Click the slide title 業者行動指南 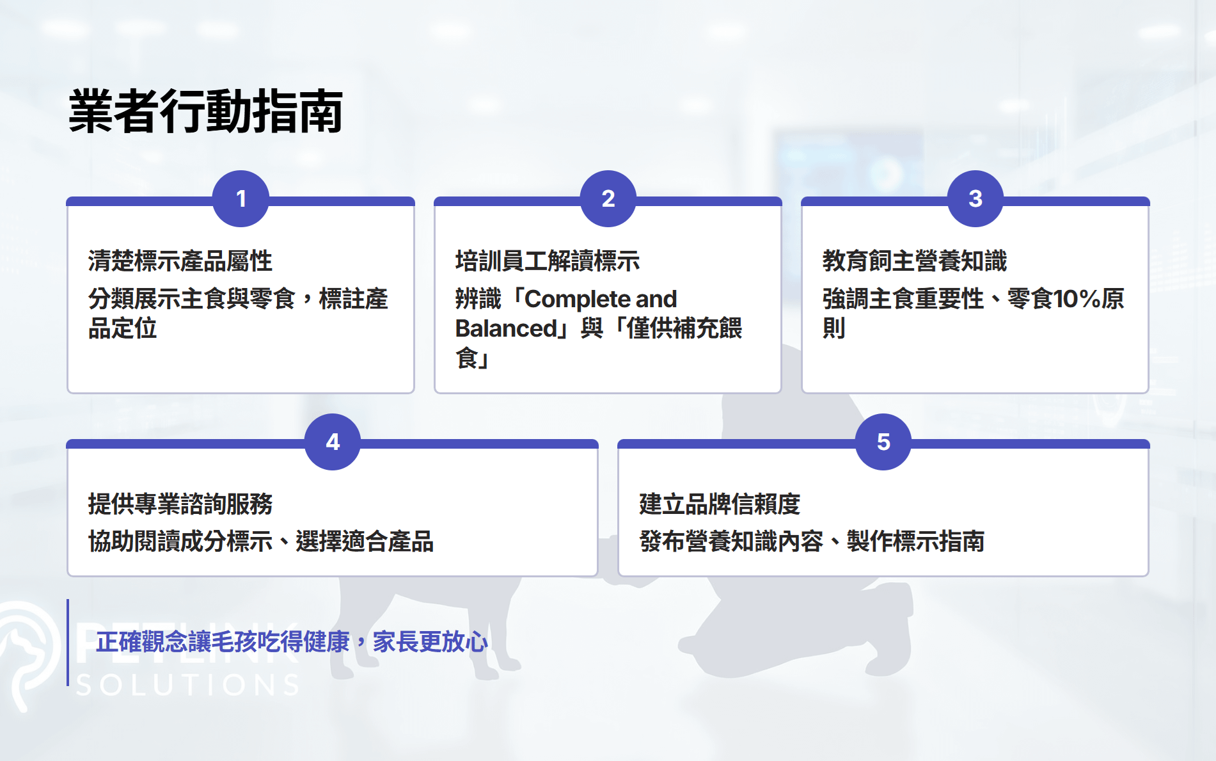pyautogui.click(x=205, y=111)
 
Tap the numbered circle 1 pyautogui.click(x=241, y=198)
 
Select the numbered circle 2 pyautogui.click(x=608, y=198)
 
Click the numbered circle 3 pyautogui.click(x=975, y=198)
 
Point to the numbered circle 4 pyautogui.click(x=333, y=442)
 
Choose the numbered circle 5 pyautogui.click(x=883, y=442)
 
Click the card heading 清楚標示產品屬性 pyautogui.click(x=180, y=261)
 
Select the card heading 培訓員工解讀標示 pyautogui.click(x=548, y=261)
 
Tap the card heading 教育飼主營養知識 pyautogui.click(x=915, y=261)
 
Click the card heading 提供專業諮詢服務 pyautogui.click(x=180, y=504)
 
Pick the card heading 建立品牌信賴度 pyautogui.click(x=720, y=504)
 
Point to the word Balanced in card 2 pyautogui.click(x=506, y=328)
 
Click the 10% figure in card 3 pyautogui.click(x=1077, y=299)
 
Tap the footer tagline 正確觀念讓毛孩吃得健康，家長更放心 pyautogui.click(x=292, y=642)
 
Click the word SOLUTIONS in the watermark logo pyautogui.click(x=188, y=685)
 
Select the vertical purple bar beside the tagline pyautogui.click(x=68, y=643)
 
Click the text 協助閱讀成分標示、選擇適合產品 pyautogui.click(x=261, y=541)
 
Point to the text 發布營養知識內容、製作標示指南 pyautogui.click(x=812, y=541)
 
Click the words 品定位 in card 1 pyautogui.click(x=123, y=328)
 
